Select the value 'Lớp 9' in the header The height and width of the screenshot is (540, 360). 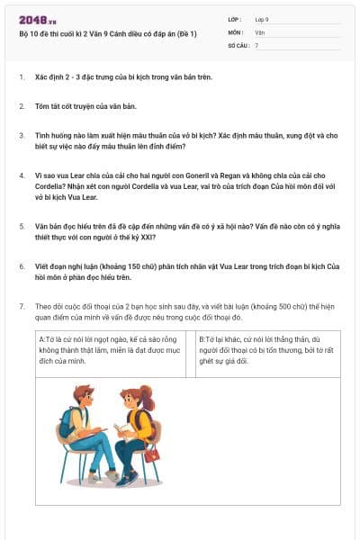click(261, 19)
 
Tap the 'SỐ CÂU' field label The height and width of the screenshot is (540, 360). click(238, 44)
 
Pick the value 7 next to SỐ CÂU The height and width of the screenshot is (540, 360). click(256, 44)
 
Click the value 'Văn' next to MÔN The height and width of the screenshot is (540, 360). click(260, 31)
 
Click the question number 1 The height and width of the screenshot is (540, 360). click(22, 77)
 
